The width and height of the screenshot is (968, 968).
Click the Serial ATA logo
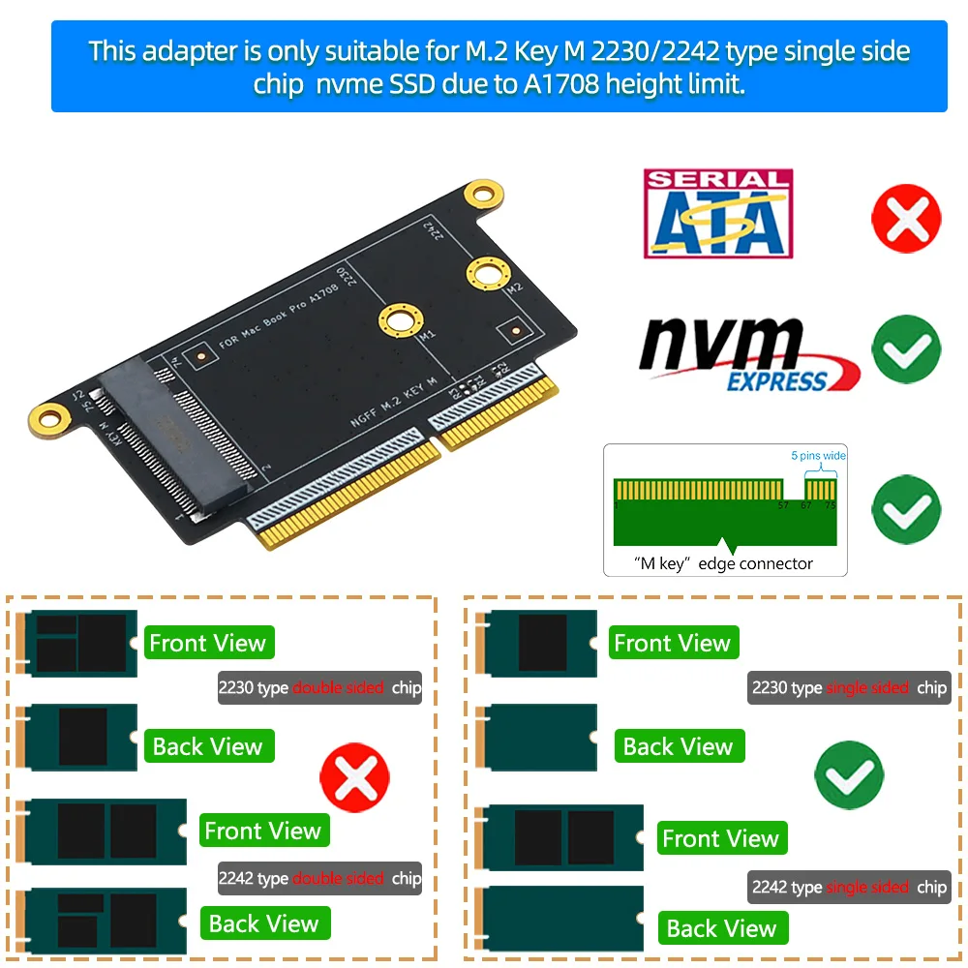pyautogui.click(x=718, y=214)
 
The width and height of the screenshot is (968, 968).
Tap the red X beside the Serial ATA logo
pyautogui.click(x=906, y=217)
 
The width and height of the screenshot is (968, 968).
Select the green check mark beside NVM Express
pyautogui.click(x=906, y=348)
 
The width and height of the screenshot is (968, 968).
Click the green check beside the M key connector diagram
pyautogui.click(x=906, y=507)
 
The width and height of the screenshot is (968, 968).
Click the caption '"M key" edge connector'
pyautogui.click(x=724, y=563)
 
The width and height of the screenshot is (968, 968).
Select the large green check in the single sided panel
pyautogui.click(x=850, y=774)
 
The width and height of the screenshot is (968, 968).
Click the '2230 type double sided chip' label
pyautogui.click(x=319, y=688)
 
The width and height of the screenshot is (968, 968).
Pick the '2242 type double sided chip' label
pyautogui.click(x=319, y=879)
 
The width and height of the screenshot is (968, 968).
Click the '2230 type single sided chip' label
pyautogui.click(x=849, y=688)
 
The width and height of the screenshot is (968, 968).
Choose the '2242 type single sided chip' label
pyautogui.click(x=849, y=887)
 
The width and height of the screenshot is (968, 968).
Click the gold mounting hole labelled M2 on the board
pyautogui.click(x=487, y=273)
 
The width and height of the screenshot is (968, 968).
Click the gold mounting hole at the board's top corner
pyautogui.click(x=481, y=195)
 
